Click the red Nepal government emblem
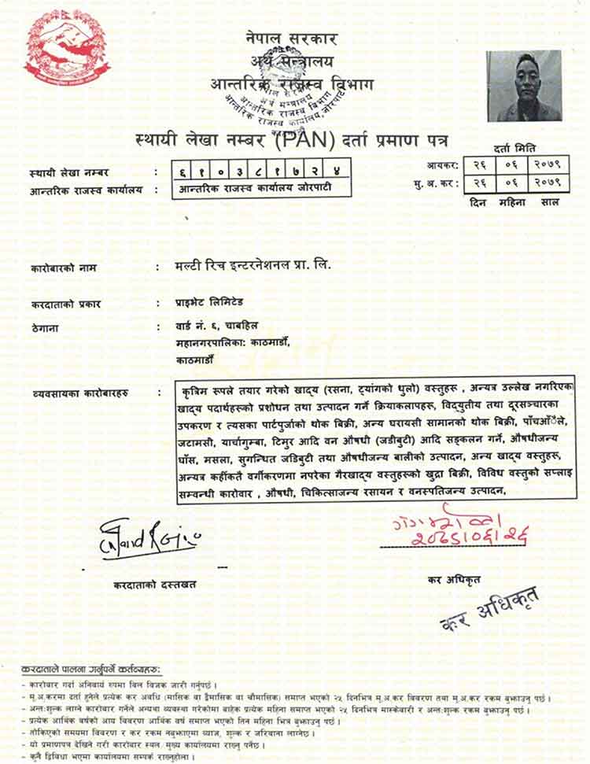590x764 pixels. coord(66,49)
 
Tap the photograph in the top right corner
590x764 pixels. coord(524,86)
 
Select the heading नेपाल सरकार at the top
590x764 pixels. coord(291,37)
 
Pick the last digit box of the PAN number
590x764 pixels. coord(336,172)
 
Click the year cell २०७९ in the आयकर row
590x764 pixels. coord(544,164)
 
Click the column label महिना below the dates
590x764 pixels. coord(511,202)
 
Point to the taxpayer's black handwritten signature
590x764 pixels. coord(149,536)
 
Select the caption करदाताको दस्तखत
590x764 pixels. coord(154,585)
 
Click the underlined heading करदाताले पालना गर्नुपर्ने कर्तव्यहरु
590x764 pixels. coord(92,668)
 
